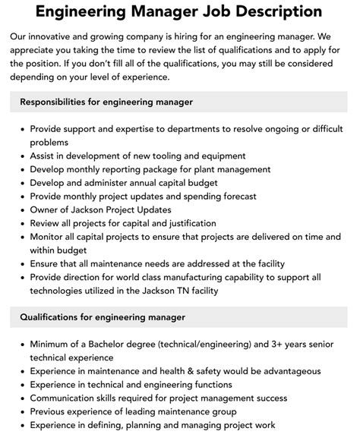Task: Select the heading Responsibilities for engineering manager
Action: coord(106,102)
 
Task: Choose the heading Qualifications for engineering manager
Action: coord(102,316)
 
